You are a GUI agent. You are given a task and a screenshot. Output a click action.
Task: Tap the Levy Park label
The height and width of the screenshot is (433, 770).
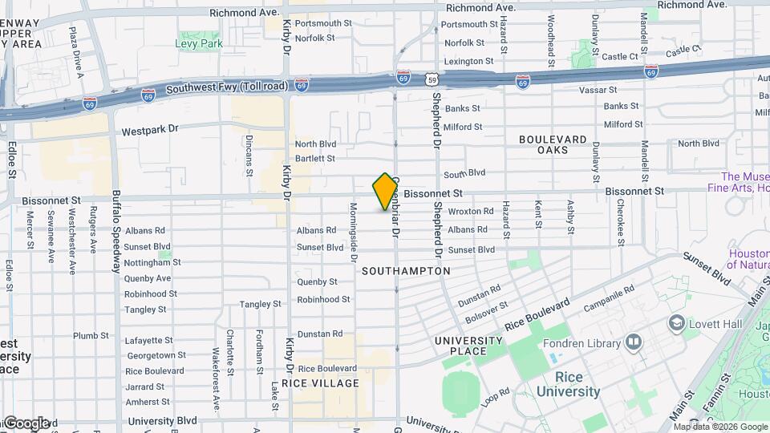199,44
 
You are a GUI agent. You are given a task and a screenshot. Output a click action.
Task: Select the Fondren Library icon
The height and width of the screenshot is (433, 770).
634,343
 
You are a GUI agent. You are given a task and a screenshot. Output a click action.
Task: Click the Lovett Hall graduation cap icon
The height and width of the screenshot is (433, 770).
675,322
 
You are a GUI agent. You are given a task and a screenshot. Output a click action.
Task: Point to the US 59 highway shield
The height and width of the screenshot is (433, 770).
432,79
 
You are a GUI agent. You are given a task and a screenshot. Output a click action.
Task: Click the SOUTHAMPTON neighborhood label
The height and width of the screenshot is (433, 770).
406,271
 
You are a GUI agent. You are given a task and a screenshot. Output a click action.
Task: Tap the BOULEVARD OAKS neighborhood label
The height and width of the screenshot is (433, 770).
553,144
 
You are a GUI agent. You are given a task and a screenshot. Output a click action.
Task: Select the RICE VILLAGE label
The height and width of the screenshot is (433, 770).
326,383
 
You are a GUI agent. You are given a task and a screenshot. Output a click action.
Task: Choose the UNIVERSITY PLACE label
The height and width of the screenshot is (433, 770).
472,346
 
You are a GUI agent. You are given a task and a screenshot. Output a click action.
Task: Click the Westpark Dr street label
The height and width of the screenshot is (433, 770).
148,130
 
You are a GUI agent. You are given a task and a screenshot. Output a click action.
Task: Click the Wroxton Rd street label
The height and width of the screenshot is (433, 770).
471,211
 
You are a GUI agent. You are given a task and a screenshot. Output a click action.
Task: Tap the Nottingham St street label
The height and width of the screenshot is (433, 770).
152,262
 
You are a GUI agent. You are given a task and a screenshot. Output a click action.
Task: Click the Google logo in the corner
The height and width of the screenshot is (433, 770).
26,423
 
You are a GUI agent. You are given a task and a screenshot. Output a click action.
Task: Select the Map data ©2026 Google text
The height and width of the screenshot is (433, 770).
719,427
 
